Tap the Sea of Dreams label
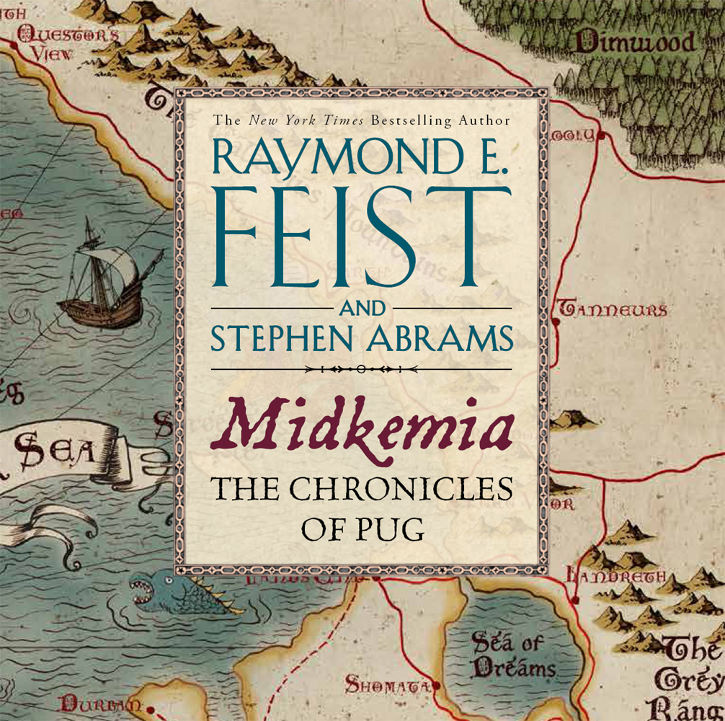coord(513,655)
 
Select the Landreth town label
coord(616,576)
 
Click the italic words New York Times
coord(307,121)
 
